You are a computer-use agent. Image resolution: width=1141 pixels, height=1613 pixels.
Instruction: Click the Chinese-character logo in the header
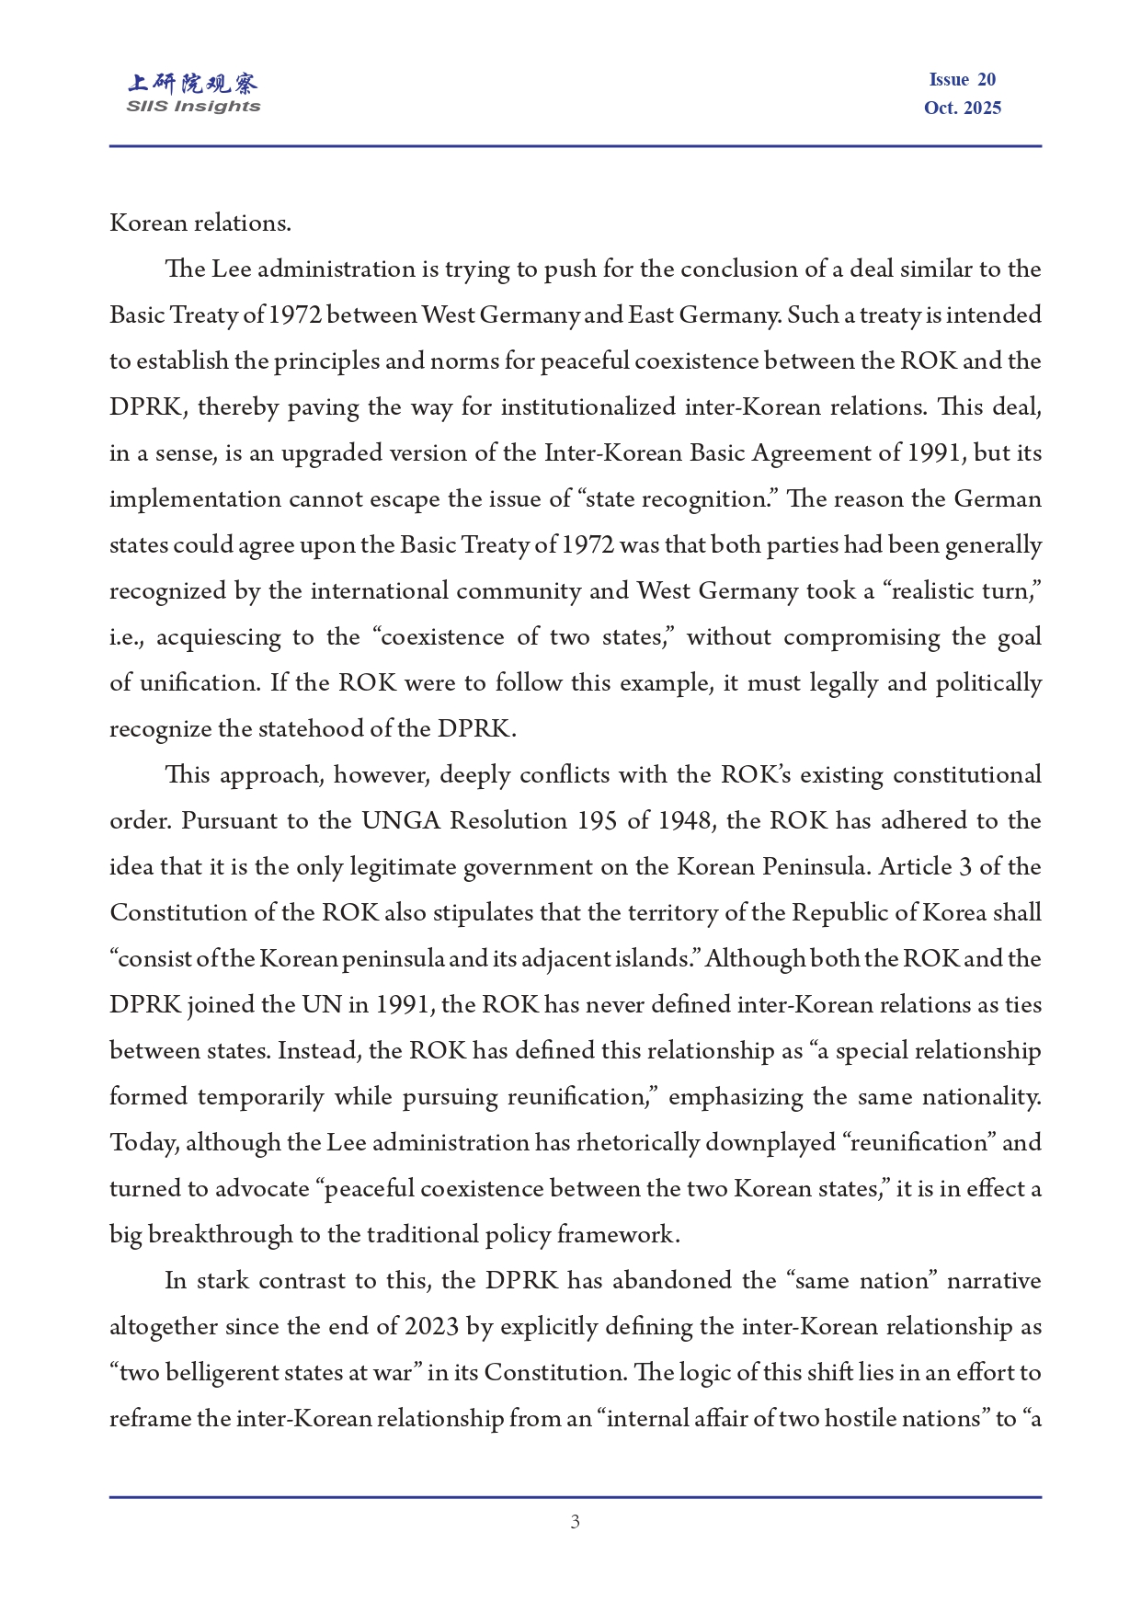pyautogui.click(x=193, y=84)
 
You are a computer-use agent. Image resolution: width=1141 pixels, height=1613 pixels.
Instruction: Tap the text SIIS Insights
pyautogui.click(x=193, y=107)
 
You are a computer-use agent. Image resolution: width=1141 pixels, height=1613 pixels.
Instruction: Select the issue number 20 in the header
pyautogui.click(x=987, y=80)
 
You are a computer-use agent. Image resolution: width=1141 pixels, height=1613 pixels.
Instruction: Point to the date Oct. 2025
pyautogui.click(x=962, y=108)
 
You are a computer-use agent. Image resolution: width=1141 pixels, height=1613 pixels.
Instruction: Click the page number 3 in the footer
pyautogui.click(x=575, y=1522)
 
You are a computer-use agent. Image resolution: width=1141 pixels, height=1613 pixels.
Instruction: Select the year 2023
pyautogui.click(x=432, y=1326)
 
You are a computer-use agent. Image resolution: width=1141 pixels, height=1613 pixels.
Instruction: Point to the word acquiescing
pyautogui.click(x=218, y=636)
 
